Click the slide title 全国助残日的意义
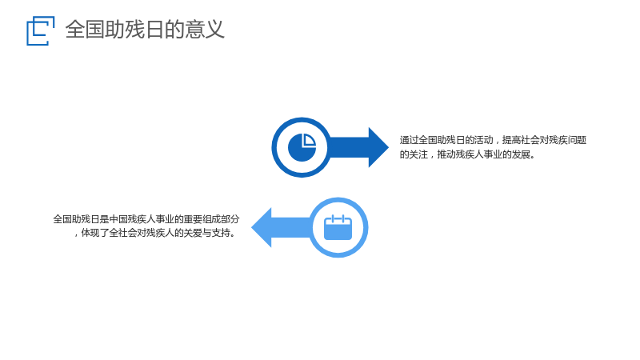[x=145, y=30]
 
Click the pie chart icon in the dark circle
[x=302, y=147]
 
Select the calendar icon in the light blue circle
[x=338, y=227]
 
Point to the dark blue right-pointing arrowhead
[x=378, y=147]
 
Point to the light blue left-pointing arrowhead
[x=262, y=227]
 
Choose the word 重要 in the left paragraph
[x=193, y=219]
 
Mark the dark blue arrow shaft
[x=349, y=147]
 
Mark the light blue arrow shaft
[x=291, y=227]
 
